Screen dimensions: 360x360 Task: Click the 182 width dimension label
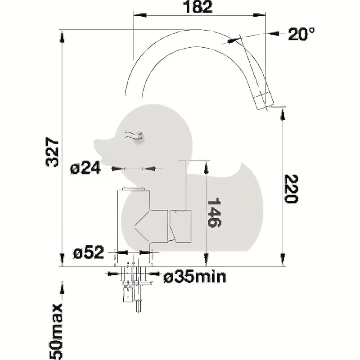click(198, 7)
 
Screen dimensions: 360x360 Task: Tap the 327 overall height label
click(52, 152)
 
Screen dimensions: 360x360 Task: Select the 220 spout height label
click(291, 189)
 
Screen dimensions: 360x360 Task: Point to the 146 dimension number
click(214, 212)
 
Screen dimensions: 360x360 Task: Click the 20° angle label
click(301, 34)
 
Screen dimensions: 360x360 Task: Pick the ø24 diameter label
click(85, 168)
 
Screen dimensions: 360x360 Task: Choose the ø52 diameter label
click(88, 252)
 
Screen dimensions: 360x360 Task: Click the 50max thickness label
click(56, 331)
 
